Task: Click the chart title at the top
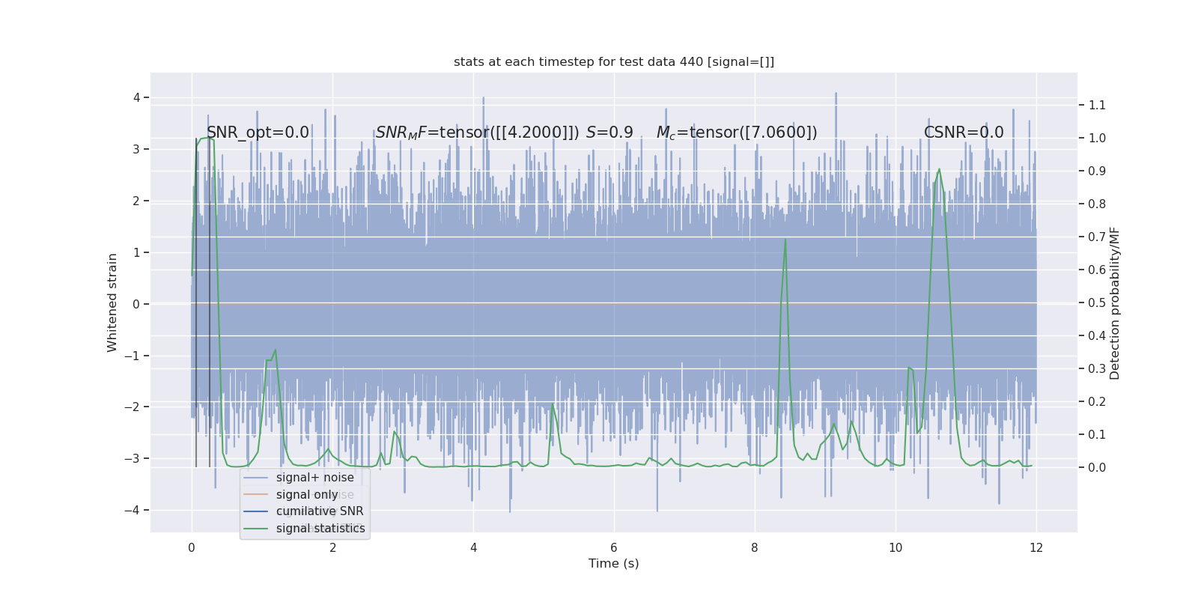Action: (613, 62)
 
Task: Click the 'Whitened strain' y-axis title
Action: (112, 302)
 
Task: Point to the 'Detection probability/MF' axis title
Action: (1115, 303)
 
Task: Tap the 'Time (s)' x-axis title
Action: (613, 564)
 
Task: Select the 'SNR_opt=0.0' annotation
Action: (258, 133)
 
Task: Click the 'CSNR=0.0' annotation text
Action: (963, 133)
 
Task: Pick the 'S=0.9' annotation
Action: (609, 133)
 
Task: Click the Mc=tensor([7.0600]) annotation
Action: (737, 133)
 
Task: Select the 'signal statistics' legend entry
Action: (320, 529)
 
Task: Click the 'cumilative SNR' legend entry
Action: (319, 511)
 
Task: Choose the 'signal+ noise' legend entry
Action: (314, 478)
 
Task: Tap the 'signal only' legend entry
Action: (307, 495)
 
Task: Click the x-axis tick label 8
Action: (755, 548)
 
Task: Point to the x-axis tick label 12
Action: (1036, 548)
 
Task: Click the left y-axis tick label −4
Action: (136, 511)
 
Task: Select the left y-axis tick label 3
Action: (136, 149)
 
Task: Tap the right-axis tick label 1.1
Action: (1097, 106)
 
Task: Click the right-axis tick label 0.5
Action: (1097, 303)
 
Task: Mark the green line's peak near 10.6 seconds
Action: (939, 169)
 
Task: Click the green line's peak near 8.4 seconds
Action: (785, 240)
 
